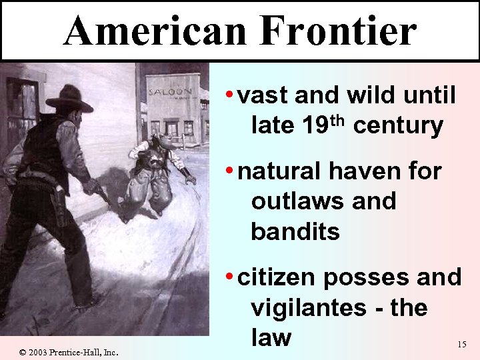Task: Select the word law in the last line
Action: tap(271, 337)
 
